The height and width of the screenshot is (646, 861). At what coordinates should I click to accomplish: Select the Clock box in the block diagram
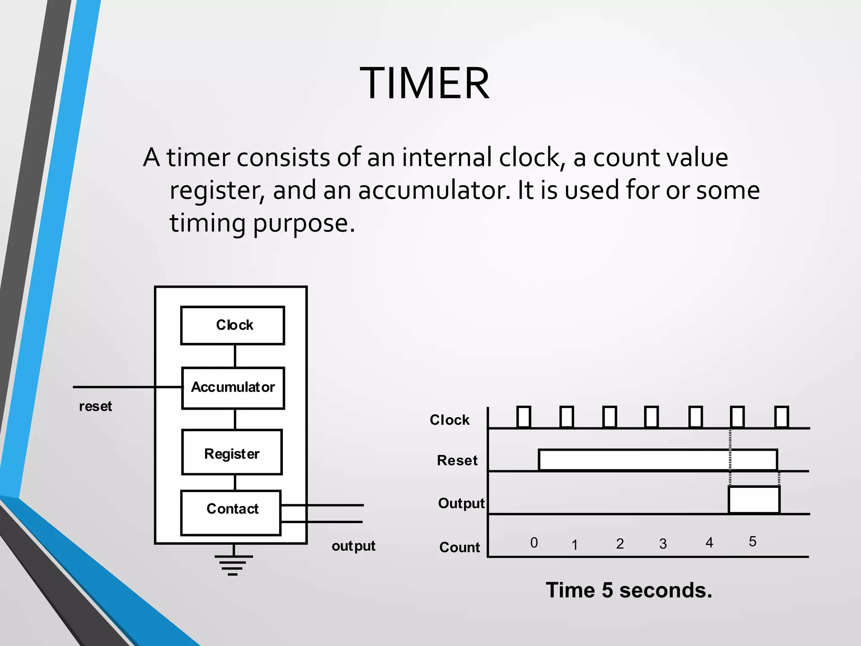coord(232,326)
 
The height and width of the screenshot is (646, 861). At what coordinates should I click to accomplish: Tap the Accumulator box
coord(233,388)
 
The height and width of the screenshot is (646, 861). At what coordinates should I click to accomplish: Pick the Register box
coord(232,453)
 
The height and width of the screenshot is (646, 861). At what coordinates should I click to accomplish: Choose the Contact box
coord(231,512)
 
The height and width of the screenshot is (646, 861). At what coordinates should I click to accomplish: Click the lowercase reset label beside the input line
coord(95,406)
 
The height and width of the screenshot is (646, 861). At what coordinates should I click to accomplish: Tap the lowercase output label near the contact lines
coord(353,546)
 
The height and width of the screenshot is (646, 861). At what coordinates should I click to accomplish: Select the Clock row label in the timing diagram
coord(449,420)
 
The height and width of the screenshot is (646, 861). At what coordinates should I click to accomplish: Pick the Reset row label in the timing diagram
coord(457,461)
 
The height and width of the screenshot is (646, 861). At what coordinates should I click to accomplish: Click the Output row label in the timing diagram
coord(461,503)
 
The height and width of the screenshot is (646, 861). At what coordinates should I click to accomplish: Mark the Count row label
coord(460,547)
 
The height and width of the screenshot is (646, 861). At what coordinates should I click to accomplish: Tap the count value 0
coord(534,543)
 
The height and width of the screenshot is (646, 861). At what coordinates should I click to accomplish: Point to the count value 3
coord(663,544)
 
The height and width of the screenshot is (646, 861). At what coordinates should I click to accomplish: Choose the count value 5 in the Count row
coord(753,542)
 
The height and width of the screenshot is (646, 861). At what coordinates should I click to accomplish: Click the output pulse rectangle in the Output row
coord(754,500)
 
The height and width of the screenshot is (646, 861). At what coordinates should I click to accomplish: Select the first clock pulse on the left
coord(523,417)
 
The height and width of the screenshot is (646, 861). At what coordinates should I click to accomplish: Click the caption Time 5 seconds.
coord(629,590)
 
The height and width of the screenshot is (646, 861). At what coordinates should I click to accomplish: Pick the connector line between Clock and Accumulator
coord(235,356)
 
